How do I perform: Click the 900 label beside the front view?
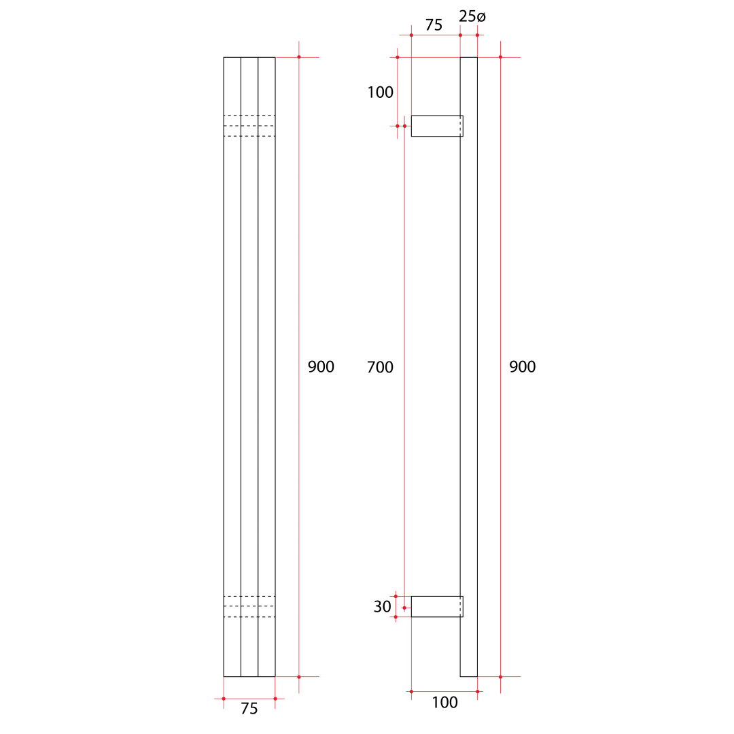click(x=321, y=367)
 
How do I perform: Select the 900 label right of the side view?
click(x=522, y=367)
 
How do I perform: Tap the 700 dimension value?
click(x=380, y=367)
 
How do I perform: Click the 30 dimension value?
click(x=382, y=607)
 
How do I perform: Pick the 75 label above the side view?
click(x=434, y=25)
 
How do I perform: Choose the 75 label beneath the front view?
click(x=249, y=709)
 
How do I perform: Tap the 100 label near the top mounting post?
click(x=380, y=92)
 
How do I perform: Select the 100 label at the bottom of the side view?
click(x=444, y=703)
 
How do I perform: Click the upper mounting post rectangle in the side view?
click(x=436, y=126)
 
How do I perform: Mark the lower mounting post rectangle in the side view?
click(x=436, y=606)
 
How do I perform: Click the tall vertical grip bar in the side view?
click(x=469, y=367)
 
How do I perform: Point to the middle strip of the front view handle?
click(x=249, y=367)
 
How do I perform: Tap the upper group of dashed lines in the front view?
click(x=249, y=126)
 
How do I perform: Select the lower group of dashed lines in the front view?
click(x=249, y=606)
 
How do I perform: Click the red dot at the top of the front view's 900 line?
click(x=299, y=57)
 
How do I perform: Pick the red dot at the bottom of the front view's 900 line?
click(x=299, y=676)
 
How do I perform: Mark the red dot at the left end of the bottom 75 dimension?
click(x=224, y=698)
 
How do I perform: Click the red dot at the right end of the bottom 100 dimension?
click(x=477, y=691)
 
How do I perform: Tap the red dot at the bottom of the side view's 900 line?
click(x=500, y=676)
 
